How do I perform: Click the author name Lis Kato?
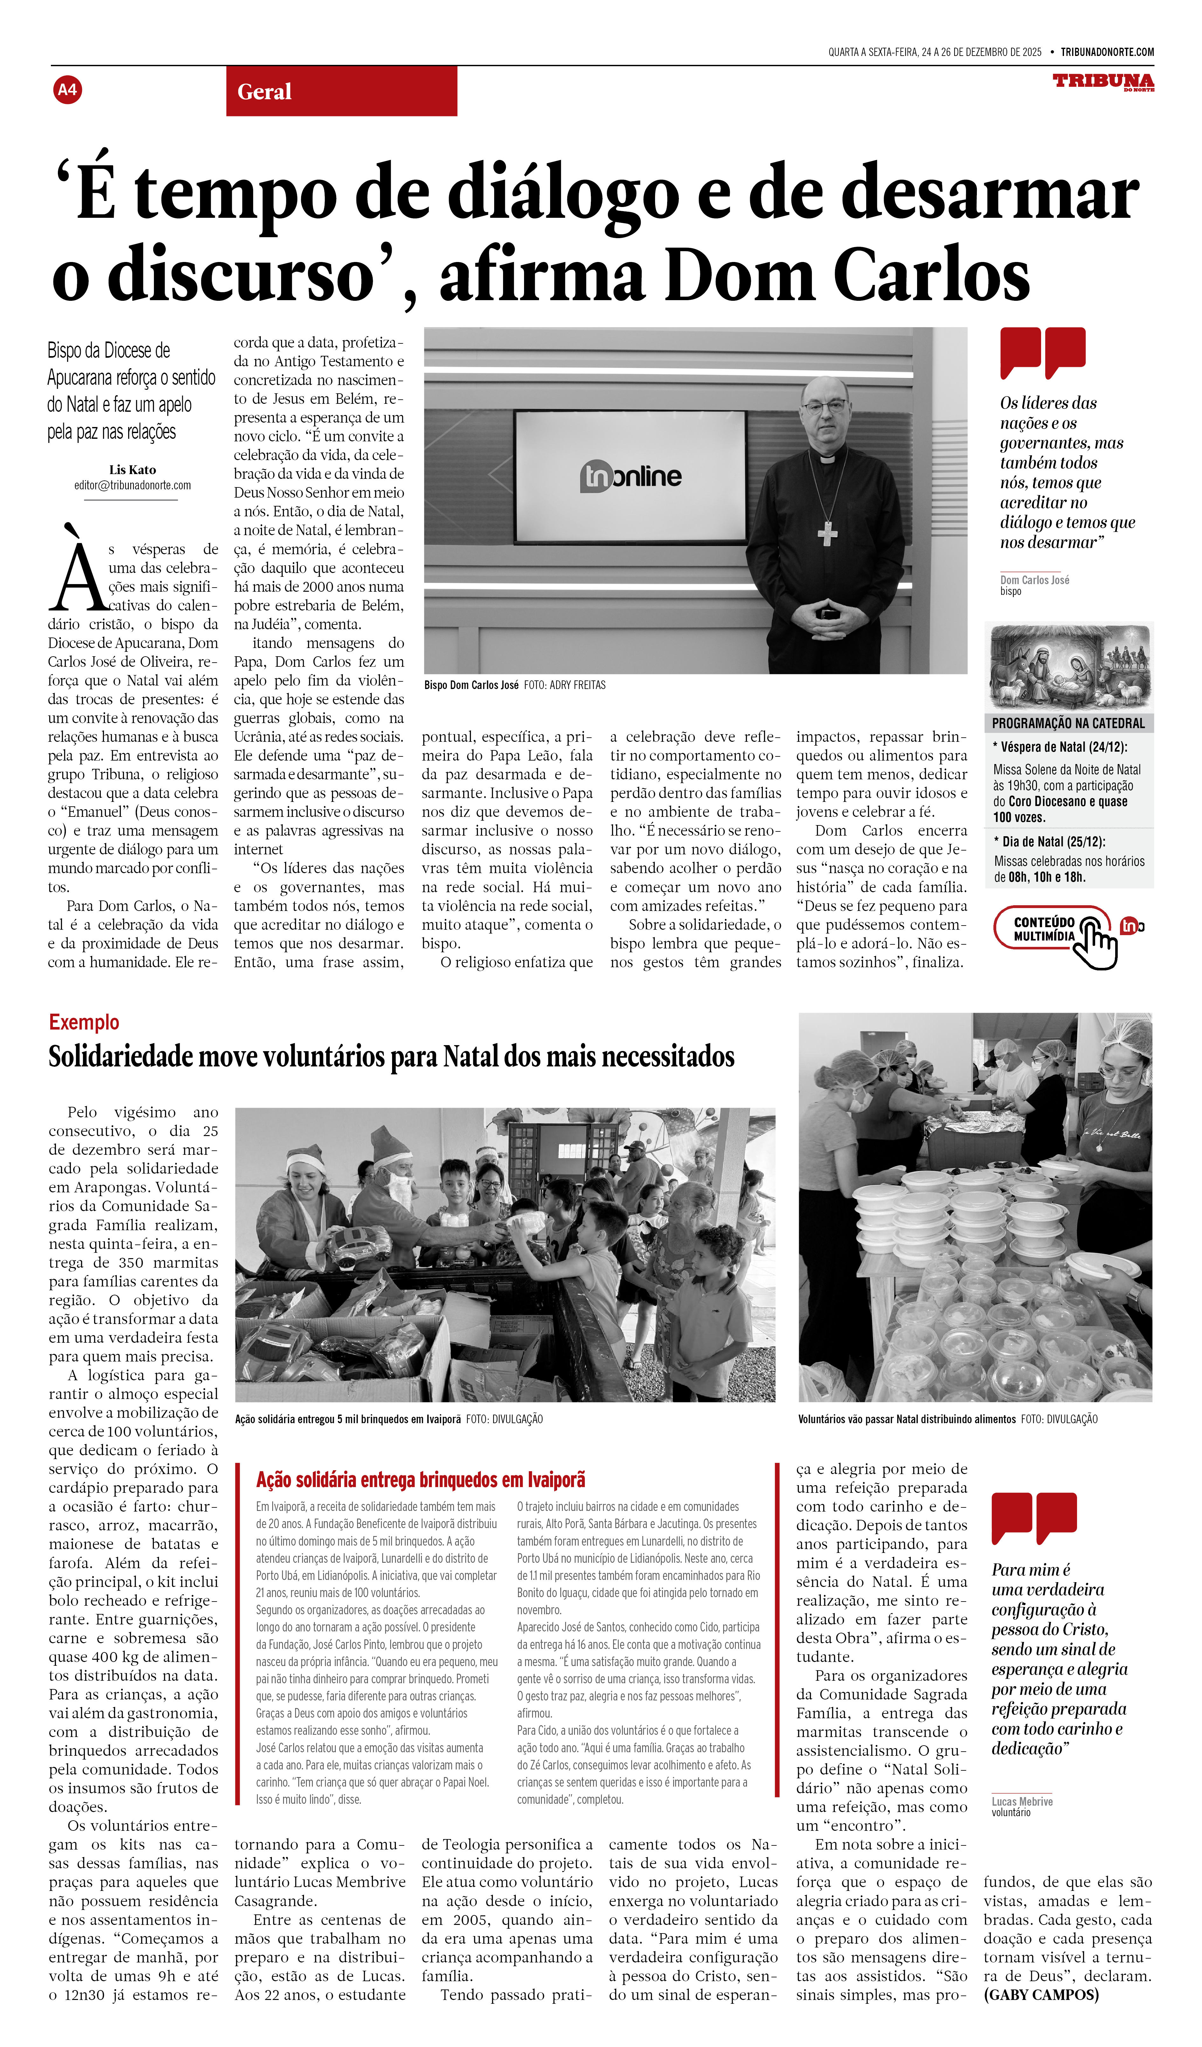coord(132,470)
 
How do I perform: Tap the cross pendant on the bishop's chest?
coord(827,533)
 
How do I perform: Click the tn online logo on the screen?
coord(630,476)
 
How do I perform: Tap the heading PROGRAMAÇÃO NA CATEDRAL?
coord(1068,723)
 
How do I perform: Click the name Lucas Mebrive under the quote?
coord(1022,1802)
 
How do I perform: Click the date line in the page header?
coord(934,52)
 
